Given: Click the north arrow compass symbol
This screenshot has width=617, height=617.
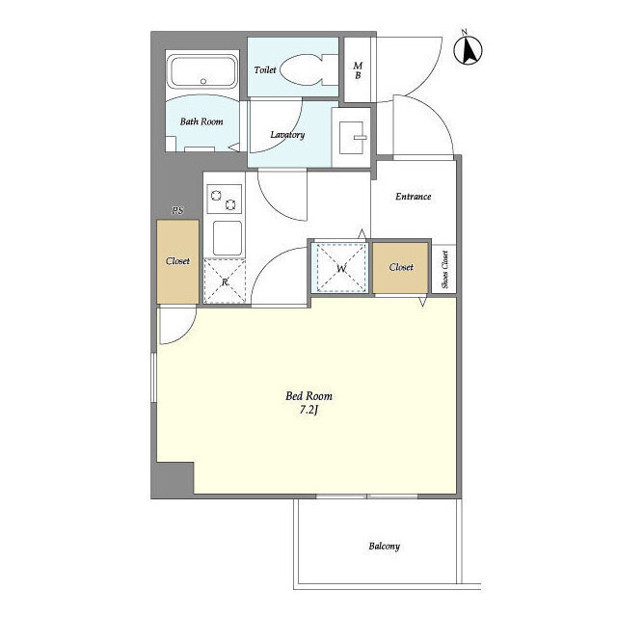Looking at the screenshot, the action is (x=468, y=49).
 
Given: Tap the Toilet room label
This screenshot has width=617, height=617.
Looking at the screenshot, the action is (x=265, y=70).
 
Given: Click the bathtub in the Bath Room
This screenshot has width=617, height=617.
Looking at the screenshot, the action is (x=202, y=72).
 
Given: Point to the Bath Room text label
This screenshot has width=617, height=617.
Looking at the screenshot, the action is (x=201, y=121).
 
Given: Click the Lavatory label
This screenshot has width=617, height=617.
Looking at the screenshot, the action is (x=287, y=135).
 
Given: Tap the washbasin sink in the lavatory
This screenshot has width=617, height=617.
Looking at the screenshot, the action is (x=352, y=137).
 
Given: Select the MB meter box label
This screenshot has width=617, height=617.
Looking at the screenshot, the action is (x=358, y=70).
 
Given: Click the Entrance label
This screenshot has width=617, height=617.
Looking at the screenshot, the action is (x=414, y=197).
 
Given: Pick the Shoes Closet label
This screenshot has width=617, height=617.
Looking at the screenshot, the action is (x=444, y=270).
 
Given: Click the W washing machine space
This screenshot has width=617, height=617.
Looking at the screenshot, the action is (x=341, y=268).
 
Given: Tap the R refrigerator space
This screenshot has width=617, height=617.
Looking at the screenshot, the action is (x=225, y=282).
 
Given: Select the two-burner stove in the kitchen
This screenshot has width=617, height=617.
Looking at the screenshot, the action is (x=224, y=200).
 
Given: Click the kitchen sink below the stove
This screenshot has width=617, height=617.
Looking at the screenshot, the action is (x=228, y=238).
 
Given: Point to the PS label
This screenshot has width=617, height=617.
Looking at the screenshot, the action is (x=177, y=210).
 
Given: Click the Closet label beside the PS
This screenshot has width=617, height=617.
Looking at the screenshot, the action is (x=177, y=261).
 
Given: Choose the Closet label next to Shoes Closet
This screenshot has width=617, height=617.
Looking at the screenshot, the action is (x=401, y=267).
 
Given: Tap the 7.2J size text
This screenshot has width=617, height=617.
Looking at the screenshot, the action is (x=308, y=410).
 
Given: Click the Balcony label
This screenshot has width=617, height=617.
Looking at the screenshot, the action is (x=385, y=547).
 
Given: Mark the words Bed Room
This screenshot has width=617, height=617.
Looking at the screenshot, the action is (x=308, y=396).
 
